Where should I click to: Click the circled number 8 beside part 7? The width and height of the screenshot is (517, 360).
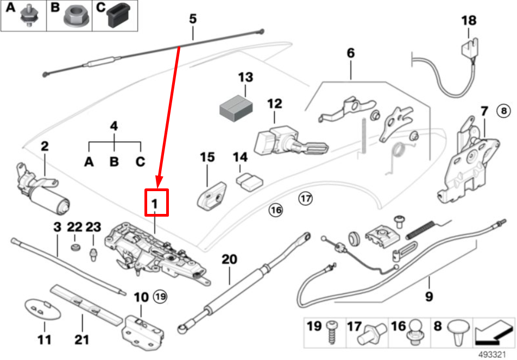pos(503,111)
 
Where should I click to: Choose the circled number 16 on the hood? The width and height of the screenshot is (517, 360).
pos(276,210)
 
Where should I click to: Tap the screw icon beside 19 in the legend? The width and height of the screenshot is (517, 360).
pos(331,329)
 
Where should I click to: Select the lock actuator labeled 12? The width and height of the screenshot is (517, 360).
pos(282,138)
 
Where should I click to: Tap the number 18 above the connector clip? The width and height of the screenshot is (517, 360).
pos(468,21)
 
